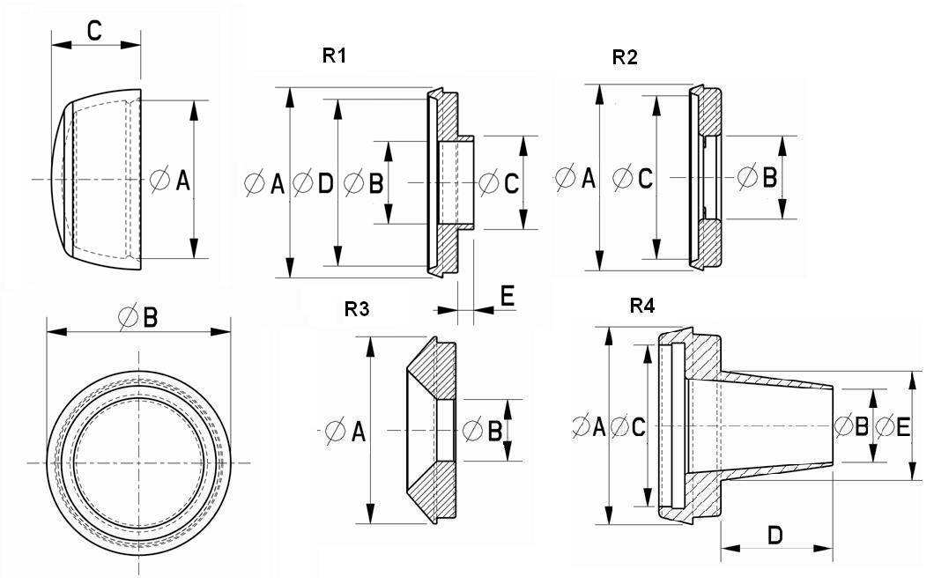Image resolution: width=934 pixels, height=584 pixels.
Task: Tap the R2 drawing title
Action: click(625, 58)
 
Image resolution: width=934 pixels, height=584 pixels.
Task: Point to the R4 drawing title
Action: click(642, 306)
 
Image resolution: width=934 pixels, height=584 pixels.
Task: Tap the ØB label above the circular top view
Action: click(139, 317)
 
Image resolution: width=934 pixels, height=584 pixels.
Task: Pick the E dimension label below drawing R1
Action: click(508, 296)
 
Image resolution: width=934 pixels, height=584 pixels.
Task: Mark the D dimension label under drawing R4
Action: click(775, 534)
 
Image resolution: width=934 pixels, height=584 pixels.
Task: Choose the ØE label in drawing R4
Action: click(893, 426)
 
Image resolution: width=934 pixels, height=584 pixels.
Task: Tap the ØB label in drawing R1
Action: click(363, 183)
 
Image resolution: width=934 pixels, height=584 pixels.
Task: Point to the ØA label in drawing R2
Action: click(576, 179)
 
